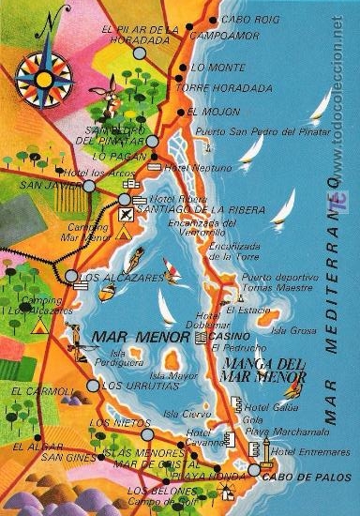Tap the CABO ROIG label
point(250,20)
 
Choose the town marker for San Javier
point(89,186)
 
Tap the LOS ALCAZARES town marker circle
point(72,276)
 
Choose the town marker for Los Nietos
point(147,434)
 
